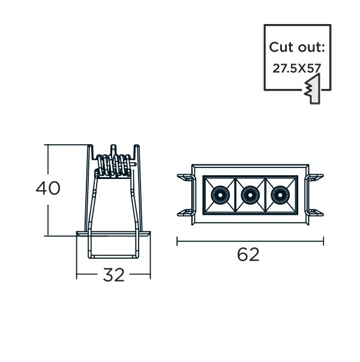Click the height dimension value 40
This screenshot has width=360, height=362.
click(x=48, y=188)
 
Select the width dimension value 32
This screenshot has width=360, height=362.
click(x=113, y=275)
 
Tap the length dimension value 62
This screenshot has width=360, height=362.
click(x=248, y=255)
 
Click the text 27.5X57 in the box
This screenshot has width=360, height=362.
click(x=297, y=68)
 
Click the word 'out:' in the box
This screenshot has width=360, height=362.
click(x=311, y=47)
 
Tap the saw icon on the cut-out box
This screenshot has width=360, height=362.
click(x=313, y=89)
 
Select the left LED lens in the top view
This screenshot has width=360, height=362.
click(x=220, y=195)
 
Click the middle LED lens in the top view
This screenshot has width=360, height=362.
click(x=250, y=195)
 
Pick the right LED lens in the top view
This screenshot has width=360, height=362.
click(x=280, y=195)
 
